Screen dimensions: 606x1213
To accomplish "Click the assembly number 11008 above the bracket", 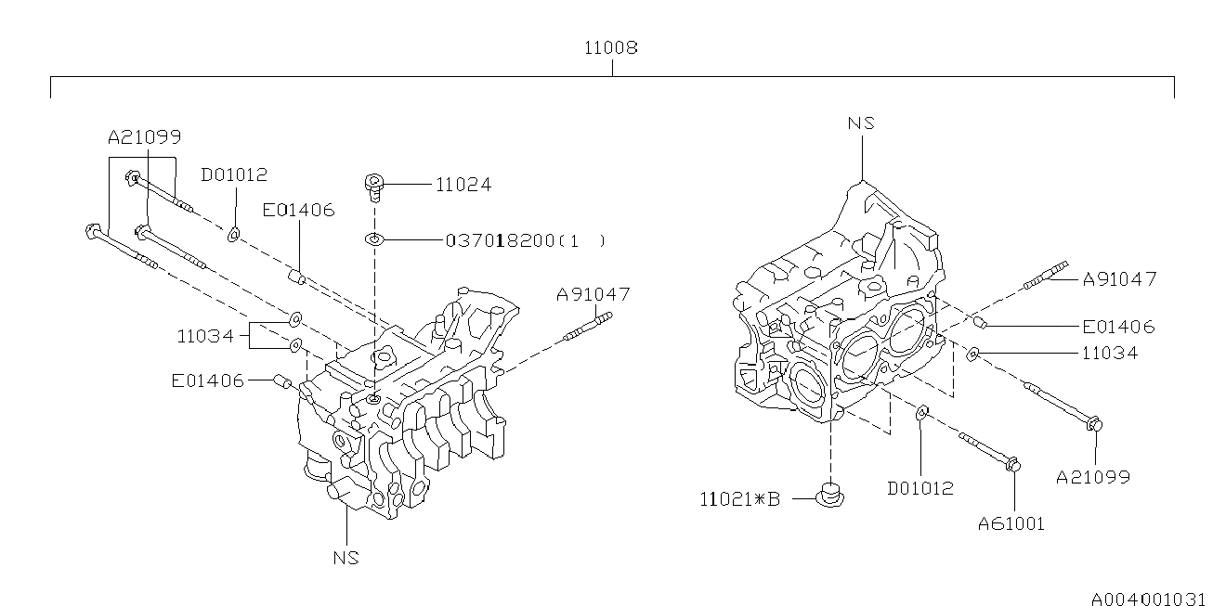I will tap(610, 46).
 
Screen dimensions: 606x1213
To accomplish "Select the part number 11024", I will tap(463, 185).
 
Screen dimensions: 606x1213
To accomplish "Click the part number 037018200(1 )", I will tap(526, 240).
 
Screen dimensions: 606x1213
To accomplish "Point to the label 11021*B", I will tap(739, 499).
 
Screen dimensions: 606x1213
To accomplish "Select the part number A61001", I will tap(1011, 523).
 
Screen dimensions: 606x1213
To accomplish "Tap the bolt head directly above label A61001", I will tap(1013, 462).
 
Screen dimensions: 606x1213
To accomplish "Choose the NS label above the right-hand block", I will tap(861, 122).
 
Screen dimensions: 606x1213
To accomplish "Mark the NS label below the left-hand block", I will tap(346, 558).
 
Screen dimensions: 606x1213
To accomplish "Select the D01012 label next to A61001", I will tap(920, 488).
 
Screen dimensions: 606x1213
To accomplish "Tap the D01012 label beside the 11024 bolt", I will tap(234, 174).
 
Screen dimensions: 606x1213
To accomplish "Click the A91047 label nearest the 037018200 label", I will tap(593, 294).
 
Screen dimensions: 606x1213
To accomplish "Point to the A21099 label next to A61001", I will tap(1093, 477).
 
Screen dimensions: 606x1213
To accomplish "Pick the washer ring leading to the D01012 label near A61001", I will tap(920, 412).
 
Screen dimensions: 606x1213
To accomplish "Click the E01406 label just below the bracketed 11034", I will tap(206, 380).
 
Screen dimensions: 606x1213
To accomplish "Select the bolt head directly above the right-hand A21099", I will tap(1093, 425).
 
